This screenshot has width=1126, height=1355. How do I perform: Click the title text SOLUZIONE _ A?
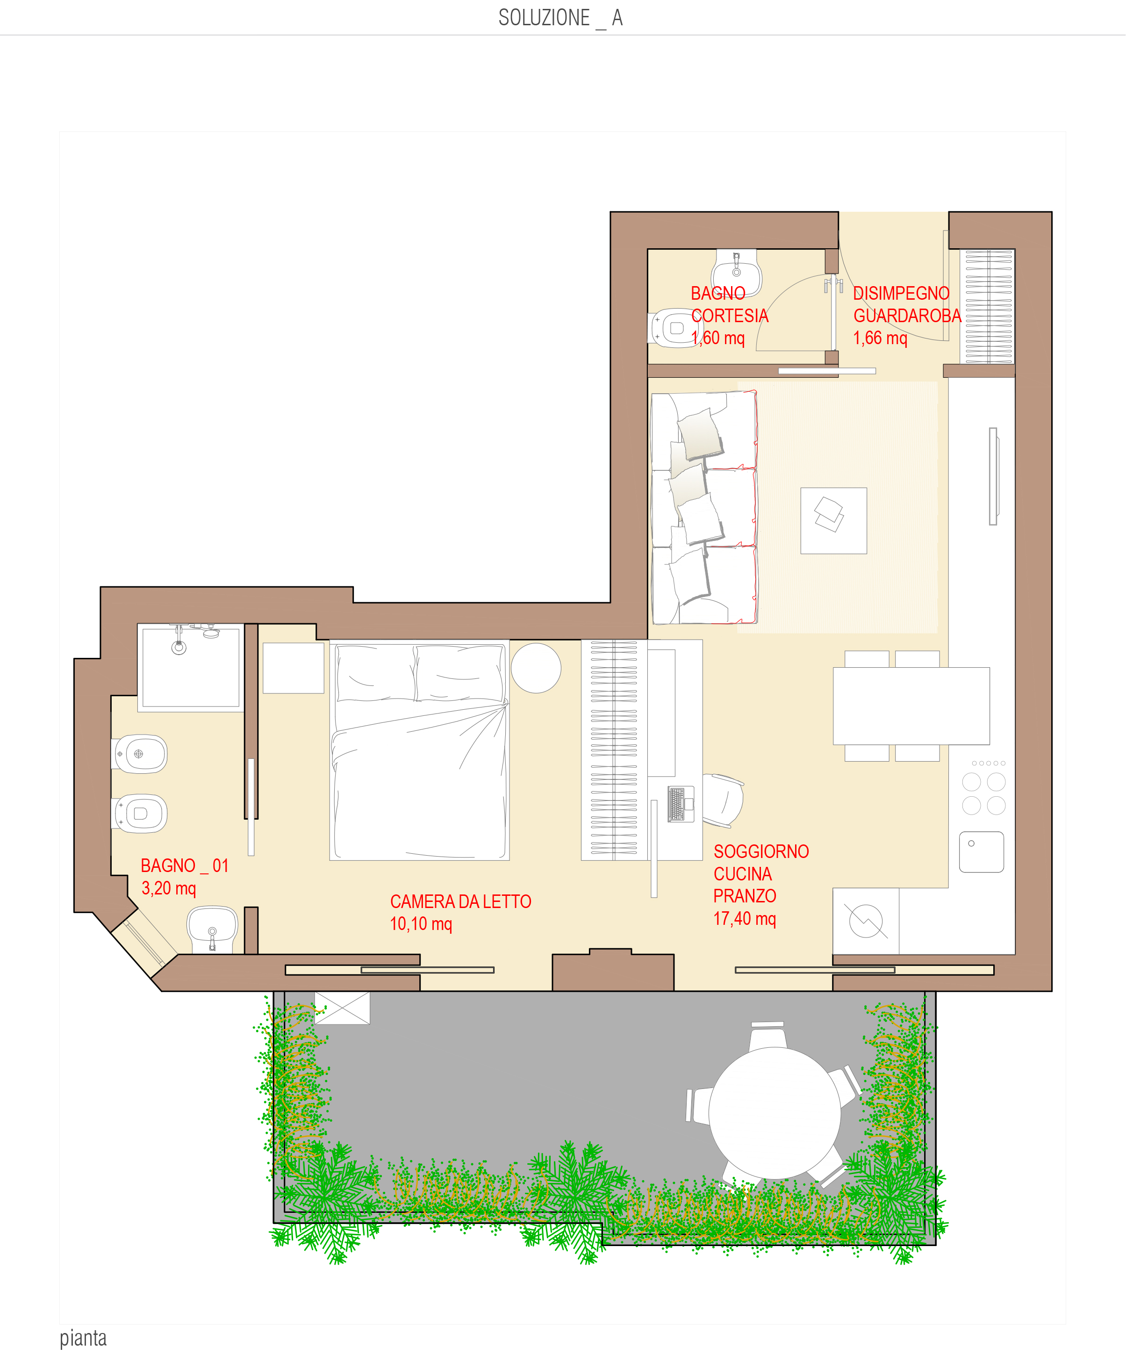click(560, 18)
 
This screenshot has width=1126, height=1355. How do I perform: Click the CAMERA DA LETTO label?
click(460, 901)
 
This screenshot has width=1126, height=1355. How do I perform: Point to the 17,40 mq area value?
click(744, 919)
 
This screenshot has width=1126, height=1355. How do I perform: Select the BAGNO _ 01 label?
click(185, 866)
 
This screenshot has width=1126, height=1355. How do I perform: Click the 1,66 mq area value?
click(880, 338)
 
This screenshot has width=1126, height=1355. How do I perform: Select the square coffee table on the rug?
click(833, 521)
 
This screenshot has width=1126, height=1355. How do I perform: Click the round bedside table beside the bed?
click(536, 668)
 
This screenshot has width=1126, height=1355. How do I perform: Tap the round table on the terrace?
click(775, 1113)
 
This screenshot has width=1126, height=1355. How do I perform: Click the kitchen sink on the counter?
click(981, 852)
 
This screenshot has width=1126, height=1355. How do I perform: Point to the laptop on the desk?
click(681, 804)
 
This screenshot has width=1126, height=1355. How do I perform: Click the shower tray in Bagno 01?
click(190, 668)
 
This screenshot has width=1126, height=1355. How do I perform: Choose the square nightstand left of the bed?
click(294, 668)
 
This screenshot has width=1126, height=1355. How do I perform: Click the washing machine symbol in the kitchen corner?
click(866, 921)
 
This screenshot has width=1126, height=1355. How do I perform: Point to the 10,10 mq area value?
click(421, 924)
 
